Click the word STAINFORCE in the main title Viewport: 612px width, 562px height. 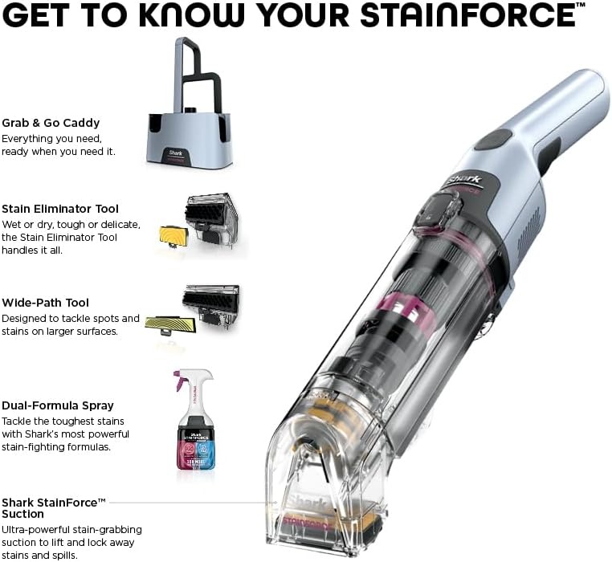467,15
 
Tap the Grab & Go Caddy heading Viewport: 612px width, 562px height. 51,123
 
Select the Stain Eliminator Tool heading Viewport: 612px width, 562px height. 60,209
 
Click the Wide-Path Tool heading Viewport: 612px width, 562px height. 45,303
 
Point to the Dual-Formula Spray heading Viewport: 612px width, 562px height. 58,405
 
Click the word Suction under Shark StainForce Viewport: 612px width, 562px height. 22,514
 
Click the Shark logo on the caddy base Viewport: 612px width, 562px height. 175,153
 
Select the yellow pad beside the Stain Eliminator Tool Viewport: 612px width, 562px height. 174,236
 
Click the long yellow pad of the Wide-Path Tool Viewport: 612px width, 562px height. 170,324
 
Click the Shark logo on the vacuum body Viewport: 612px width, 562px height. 464,181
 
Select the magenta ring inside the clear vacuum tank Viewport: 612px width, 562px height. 402,307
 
